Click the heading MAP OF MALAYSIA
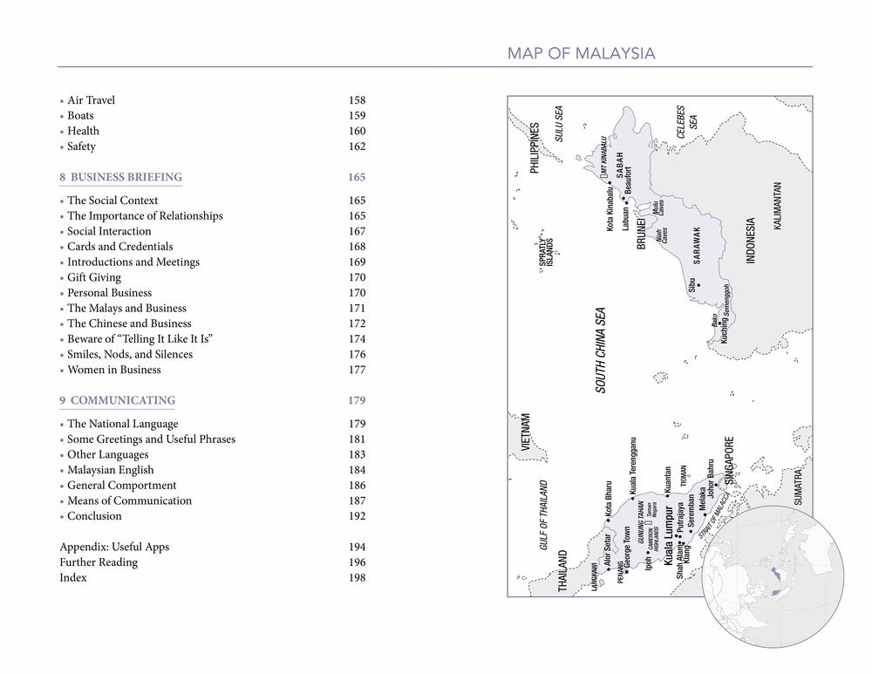pos(581,54)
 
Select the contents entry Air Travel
pos(91,100)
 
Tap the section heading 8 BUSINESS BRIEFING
pos(120,177)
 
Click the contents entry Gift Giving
pos(94,277)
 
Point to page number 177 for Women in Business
pos(357,370)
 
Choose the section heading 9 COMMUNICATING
pos(117,400)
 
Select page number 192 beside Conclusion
pos(357,516)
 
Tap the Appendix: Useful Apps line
pos(114,547)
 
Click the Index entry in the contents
pos(73,578)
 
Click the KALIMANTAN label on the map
pos(778,206)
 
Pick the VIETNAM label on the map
pos(526,432)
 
